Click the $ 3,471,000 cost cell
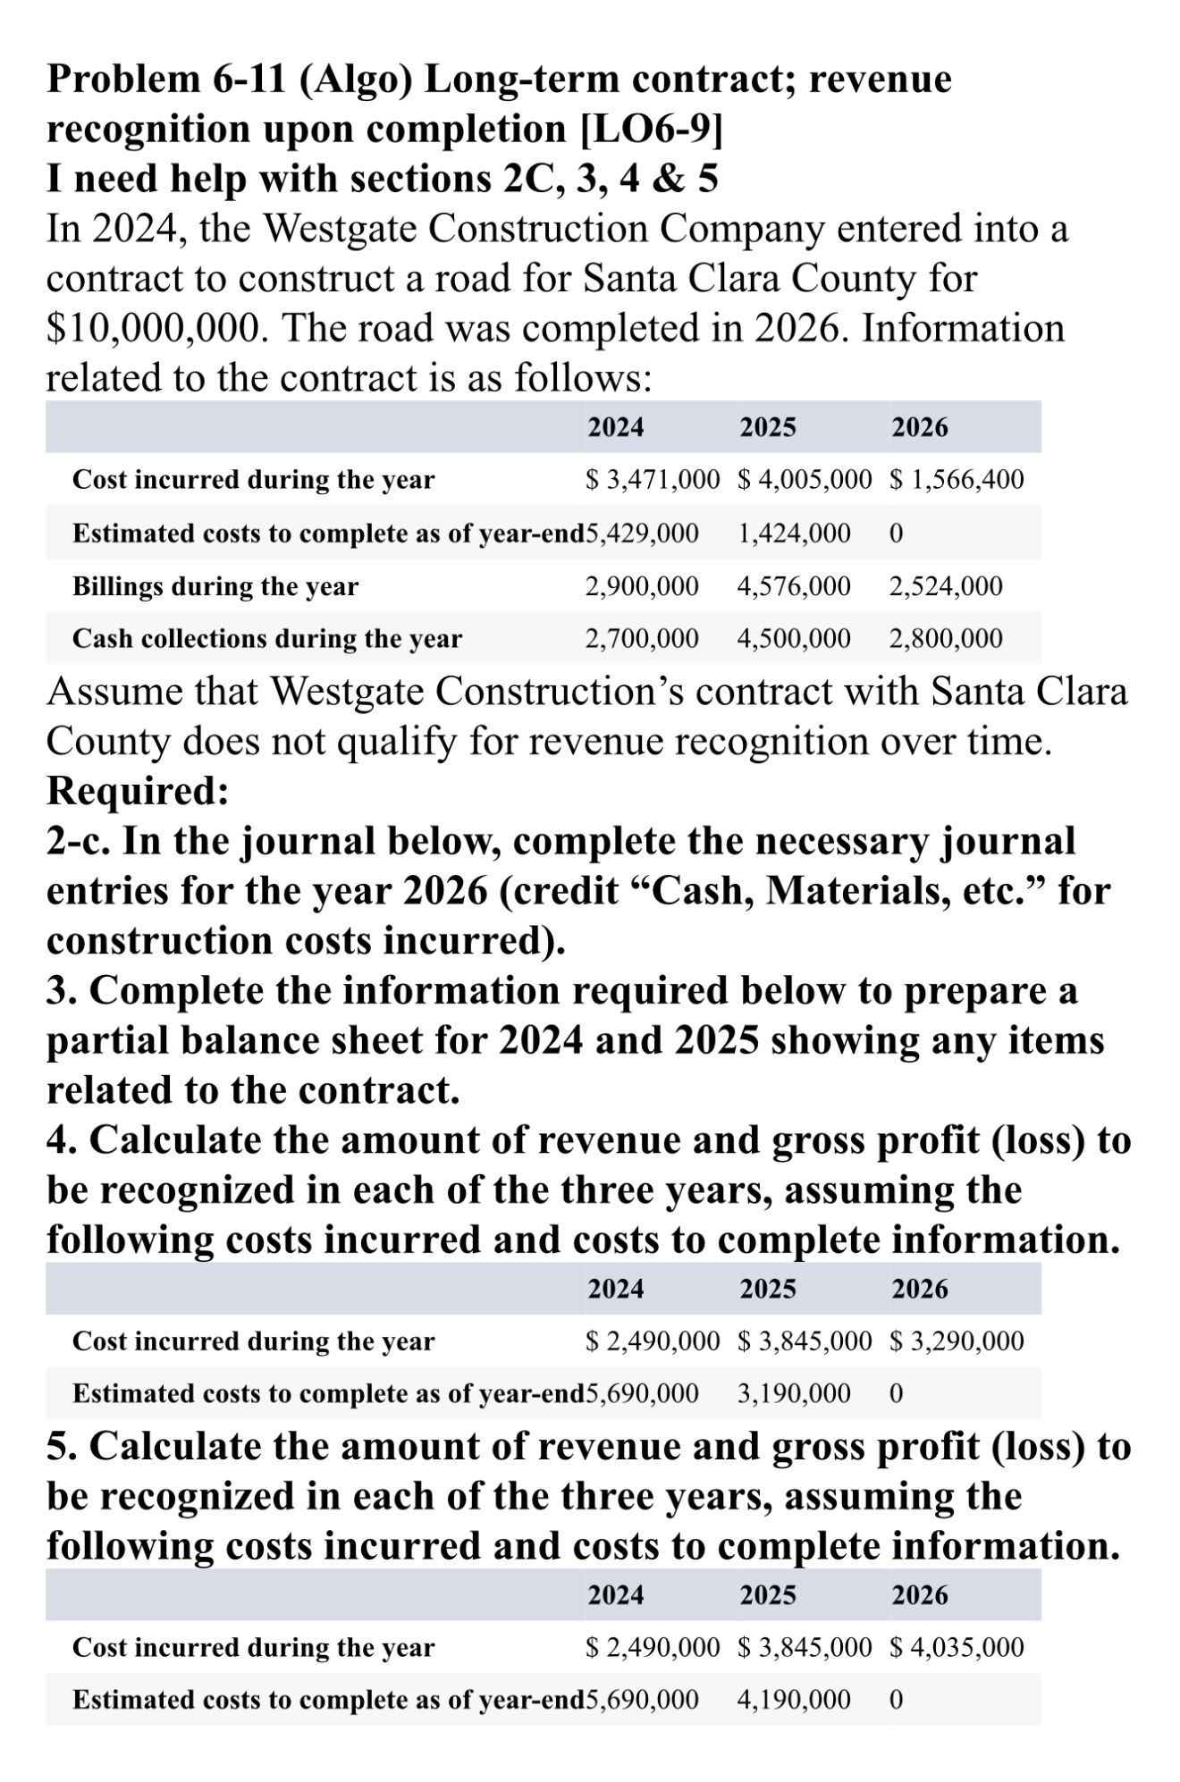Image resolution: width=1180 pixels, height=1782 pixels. point(652,480)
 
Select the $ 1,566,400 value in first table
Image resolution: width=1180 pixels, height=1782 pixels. point(957,480)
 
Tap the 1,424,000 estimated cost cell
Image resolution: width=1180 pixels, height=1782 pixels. point(794,534)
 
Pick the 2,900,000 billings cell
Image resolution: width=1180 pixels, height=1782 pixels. point(641,586)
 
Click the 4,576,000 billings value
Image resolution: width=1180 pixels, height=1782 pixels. point(794,586)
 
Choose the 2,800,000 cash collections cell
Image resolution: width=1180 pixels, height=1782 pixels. point(946,639)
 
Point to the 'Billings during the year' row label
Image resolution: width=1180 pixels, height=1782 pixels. point(215,586)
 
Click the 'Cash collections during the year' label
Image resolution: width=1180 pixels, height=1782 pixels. point(267,639)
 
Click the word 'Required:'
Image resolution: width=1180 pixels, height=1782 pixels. point(138,791)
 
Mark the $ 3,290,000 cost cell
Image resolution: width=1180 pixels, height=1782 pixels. point(957,1341)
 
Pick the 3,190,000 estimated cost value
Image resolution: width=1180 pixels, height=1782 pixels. point(794,1393)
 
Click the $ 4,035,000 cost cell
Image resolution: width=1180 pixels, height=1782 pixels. point(957,1647)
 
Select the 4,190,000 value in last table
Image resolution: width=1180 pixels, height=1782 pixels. point(794,1699)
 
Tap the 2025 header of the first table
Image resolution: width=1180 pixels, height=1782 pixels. point(767,427)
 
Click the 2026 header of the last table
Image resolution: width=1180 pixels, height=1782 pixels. point(919,1595)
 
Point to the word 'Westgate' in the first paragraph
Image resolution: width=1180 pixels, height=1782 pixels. point(342,230)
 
